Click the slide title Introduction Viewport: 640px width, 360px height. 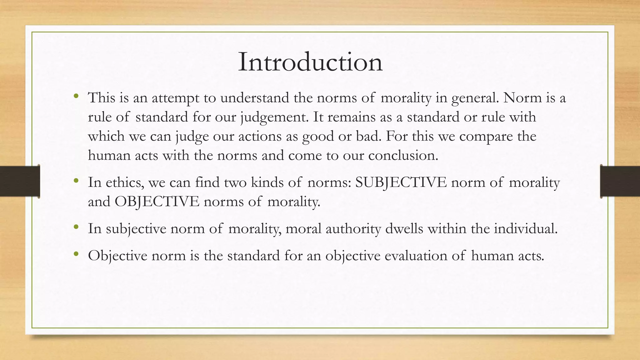tap(310, 62)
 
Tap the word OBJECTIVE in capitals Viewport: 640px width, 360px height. tap(157, 202)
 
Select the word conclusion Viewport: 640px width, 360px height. tap(403, 156)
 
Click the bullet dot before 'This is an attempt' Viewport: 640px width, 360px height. tap(76, 96)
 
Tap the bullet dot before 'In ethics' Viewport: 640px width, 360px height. tap(76, 180)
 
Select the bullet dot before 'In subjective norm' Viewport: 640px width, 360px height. tap(76, 227)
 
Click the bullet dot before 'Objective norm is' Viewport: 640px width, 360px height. tap(76, 253)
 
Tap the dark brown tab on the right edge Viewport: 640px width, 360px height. tap(620, 181)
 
